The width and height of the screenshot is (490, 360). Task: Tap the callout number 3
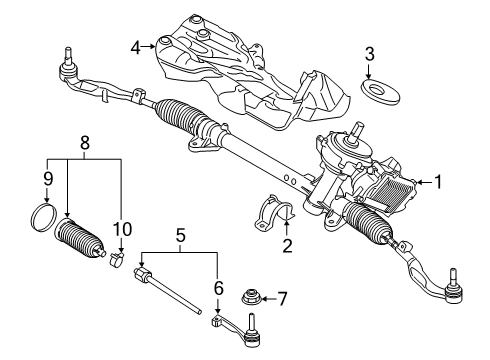tap(370, 53)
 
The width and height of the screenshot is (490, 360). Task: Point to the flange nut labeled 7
tap(252, 297)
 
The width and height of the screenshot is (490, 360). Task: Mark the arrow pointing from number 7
tap(268, 297)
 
